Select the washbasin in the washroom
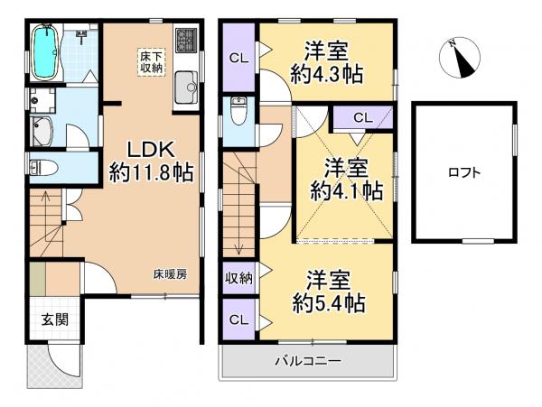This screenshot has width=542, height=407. tap(42, 129)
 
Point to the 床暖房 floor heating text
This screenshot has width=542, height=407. tap(169, 273)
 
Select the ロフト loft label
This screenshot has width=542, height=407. tap(463, 172)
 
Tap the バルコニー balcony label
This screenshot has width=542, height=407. tap(308, 362)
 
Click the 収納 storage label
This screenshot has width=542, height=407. tap(238, 277)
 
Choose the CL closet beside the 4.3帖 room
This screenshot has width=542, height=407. tap(239, 58)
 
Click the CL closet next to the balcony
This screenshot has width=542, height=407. tap(238, 319)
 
